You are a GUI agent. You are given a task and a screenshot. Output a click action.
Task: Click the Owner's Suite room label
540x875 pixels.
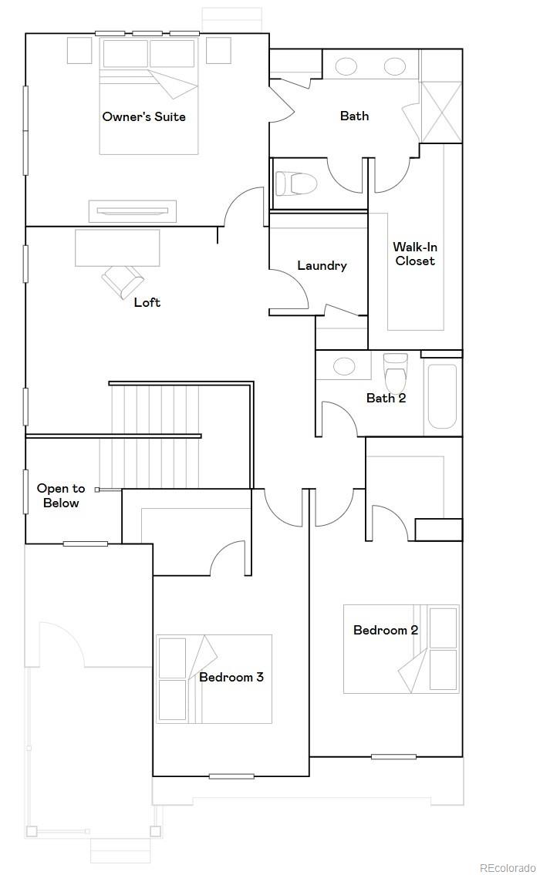click(143, 117)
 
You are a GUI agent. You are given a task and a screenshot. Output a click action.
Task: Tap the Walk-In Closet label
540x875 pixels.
click(414, 254)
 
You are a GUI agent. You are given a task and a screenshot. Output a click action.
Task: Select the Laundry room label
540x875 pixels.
click(322, 266)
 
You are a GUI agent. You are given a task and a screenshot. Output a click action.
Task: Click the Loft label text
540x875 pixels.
click(147, 302)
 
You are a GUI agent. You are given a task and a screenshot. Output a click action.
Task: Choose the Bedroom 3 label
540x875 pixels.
click(231, 677)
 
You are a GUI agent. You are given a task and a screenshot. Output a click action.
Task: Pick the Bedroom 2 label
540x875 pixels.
click(385, 630)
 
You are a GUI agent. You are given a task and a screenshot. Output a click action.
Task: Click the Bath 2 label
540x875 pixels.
click(386, 398)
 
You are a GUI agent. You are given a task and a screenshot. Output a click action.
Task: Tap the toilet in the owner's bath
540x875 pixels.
click(297, 183)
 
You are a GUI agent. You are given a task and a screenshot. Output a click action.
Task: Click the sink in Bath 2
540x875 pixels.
click(344, 366)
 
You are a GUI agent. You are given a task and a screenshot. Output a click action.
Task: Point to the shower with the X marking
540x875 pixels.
click(440, 111)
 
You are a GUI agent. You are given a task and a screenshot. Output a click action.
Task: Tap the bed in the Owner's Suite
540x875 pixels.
click(149, 96)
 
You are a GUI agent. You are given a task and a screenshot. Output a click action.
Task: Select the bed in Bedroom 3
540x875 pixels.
click(214, 678)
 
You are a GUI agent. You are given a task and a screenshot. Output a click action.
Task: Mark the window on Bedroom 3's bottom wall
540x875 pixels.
click(231, 776)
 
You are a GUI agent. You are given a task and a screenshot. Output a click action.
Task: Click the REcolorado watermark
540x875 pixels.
click(507, 868)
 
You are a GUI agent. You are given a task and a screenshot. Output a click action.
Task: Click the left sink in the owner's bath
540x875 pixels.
click(346, 66)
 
